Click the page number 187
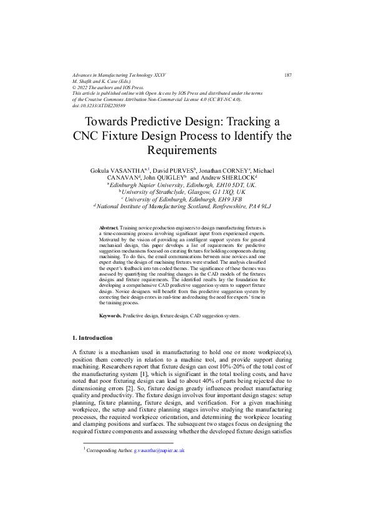tap(287, 74)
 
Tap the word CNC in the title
tap(87, 135)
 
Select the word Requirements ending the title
tap(185, 150)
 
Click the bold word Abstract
tap(108, 229)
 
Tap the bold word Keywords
tap(110, 317)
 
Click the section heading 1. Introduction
tap(93, 338)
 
